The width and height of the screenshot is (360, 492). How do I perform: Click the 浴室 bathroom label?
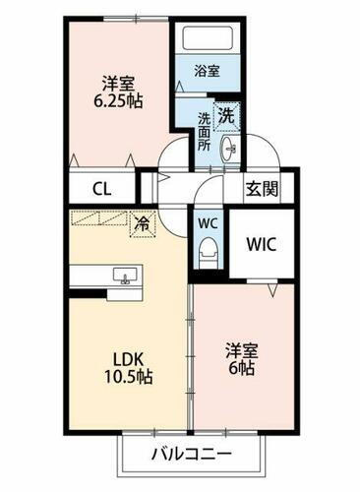pyautogui.click(x=206, y=72)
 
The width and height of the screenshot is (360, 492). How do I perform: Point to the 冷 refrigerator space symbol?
pyautogui.click(x=144, y=223)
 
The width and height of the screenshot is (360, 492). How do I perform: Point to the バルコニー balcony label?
pyautogui.click(x=192, y=455)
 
